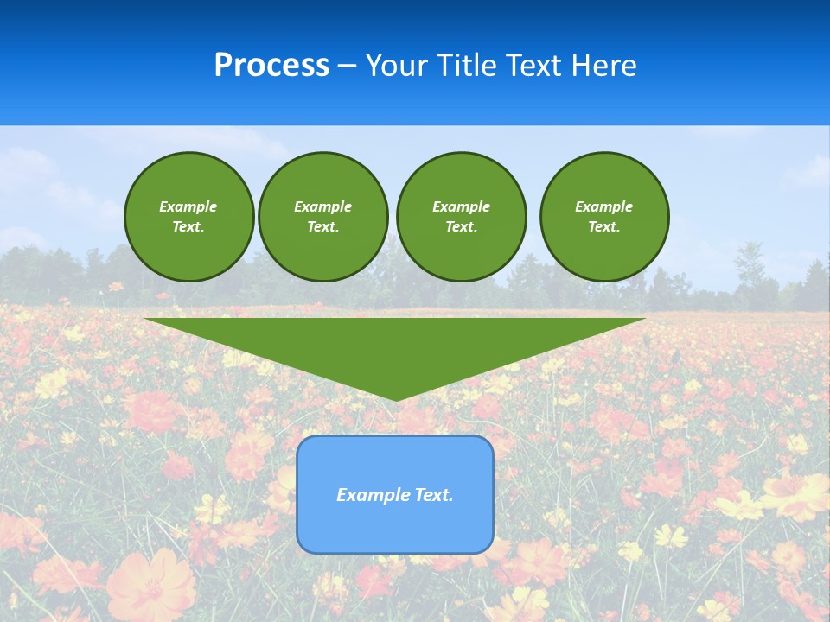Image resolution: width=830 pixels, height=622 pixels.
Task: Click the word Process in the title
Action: (x=271, y=66)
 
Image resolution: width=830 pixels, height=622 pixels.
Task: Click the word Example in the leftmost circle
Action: (x=188, y=206)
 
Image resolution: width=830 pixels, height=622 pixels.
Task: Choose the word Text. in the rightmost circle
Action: (x=604, y=227)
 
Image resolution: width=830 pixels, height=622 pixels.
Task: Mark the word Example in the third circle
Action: (x=461, y=206)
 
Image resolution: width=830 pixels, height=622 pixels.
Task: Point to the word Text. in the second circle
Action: (x=322, y=227)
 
